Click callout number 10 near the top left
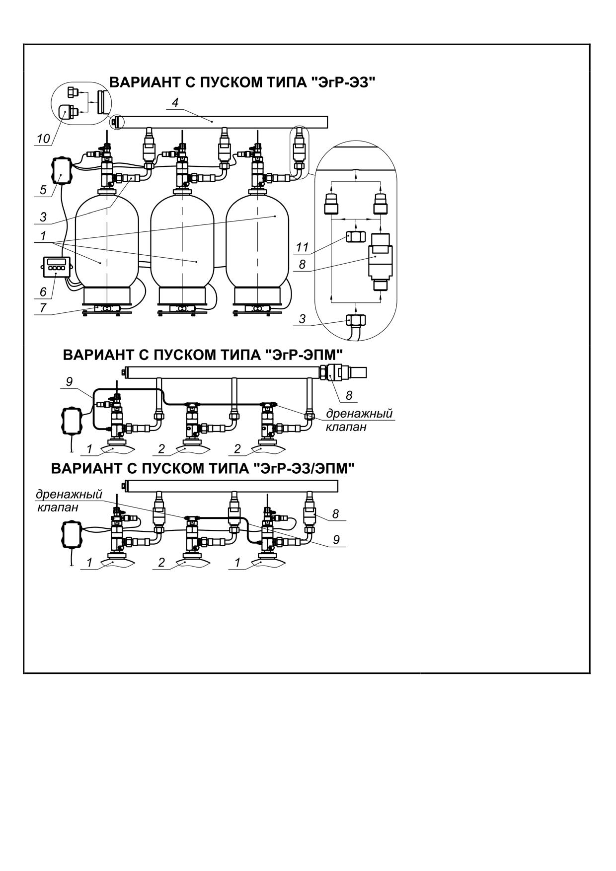[44, 139]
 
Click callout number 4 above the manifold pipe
[175, 102]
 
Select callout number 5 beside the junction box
[43, 190]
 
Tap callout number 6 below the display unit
[43, 291]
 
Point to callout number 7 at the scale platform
[43, 308]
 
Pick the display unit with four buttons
[56, 267]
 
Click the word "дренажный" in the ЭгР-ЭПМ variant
[359, 414]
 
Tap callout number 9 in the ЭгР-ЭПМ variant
[70, 381]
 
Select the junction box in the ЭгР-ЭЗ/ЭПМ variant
[71, 534]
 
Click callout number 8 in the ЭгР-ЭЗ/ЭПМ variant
[336, 514]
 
